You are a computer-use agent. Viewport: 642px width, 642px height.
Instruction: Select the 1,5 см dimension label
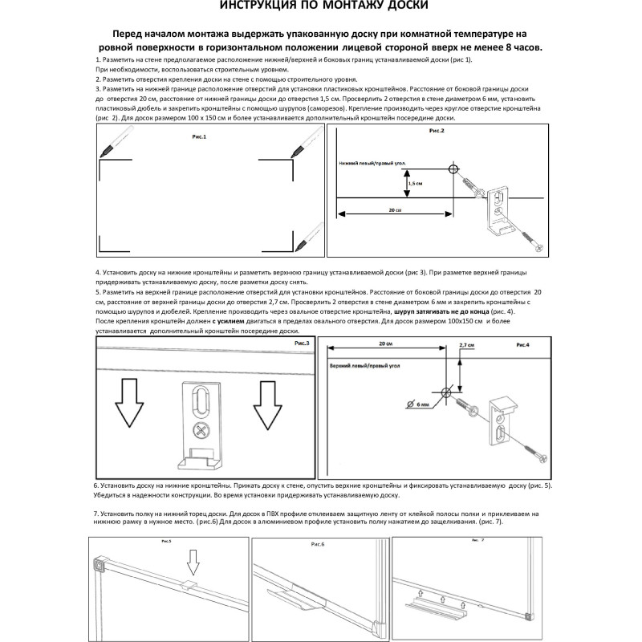point(416,182)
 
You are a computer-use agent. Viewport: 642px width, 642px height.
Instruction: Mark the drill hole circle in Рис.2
point(453,169)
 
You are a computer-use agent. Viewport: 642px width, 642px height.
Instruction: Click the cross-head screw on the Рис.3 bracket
point(201,430)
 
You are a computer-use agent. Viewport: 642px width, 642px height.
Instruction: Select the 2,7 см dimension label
point(466,345)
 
